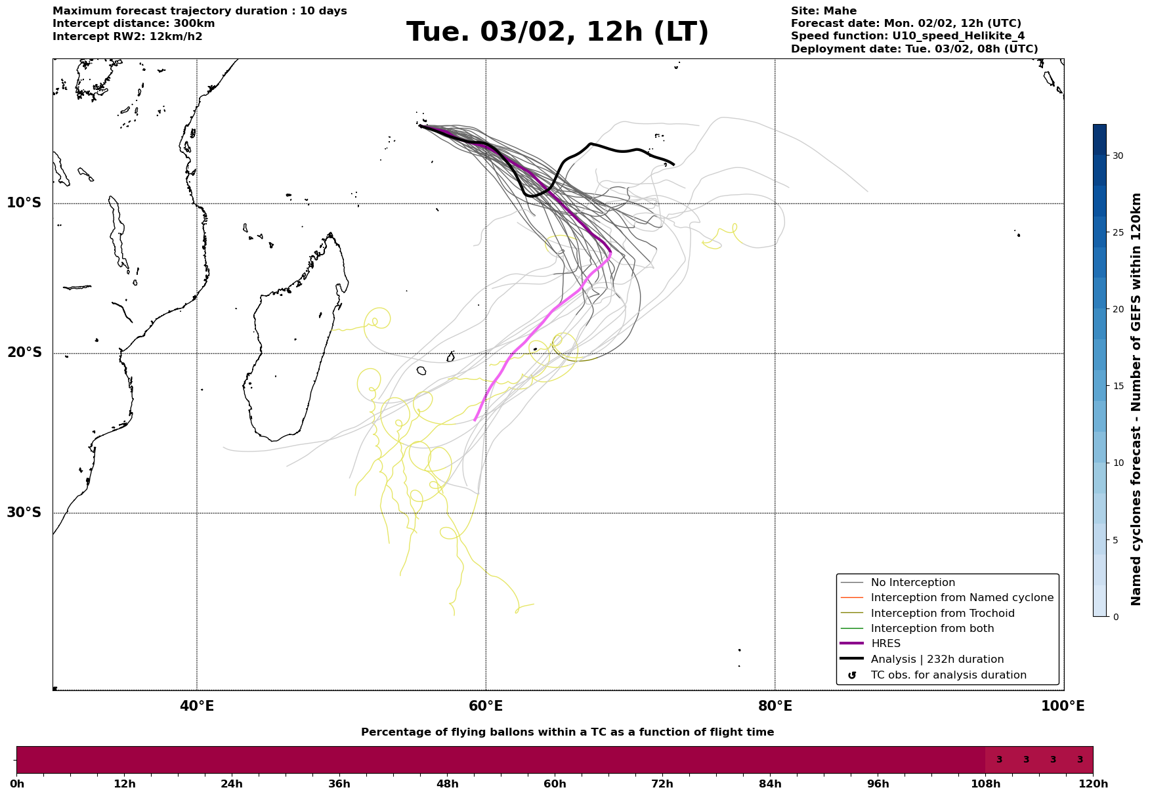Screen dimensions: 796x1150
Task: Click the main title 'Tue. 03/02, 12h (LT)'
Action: (x=557, y=32)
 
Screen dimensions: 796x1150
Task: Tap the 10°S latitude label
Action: (x=24, y=203)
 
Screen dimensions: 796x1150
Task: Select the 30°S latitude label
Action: (x=24, y=513)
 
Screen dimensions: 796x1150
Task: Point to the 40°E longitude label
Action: (x=197, y=707)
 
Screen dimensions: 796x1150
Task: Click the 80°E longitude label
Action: (x=775, y=707)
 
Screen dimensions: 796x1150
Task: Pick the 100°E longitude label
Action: (x=1063, y=707)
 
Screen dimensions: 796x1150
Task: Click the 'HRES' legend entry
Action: (x=885, y=644)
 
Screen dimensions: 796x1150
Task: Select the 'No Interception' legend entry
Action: (x=912, y=583)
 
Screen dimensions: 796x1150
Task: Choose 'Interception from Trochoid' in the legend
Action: (x=942, y=614)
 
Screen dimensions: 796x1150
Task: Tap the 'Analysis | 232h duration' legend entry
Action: (x=937, y=659)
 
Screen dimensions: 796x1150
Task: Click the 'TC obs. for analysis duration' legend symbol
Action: (x=852, y=675)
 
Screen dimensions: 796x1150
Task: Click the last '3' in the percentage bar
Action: (x=1080, y=760)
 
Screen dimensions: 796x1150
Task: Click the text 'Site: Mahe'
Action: (x=823, y=11)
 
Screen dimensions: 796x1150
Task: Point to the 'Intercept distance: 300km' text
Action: (x=133, y=24)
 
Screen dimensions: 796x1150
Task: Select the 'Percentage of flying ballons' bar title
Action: (x=567, y=732)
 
